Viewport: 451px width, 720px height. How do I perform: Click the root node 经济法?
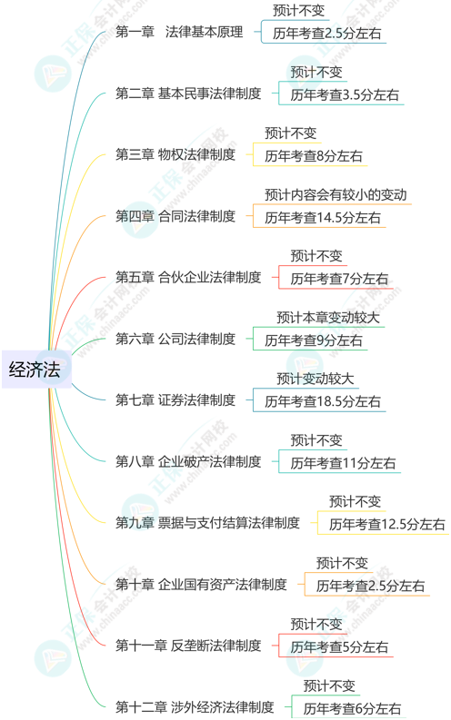35,370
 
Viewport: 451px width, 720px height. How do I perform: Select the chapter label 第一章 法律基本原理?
179,32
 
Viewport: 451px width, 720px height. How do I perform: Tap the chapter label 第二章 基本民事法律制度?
188,94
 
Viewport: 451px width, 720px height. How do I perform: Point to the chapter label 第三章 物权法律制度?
175,154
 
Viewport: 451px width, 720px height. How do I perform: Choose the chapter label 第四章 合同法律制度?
175,216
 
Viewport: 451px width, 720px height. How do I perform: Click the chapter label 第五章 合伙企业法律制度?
188,277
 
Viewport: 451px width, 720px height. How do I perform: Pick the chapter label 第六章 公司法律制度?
175,339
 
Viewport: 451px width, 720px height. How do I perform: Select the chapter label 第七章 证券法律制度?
175,399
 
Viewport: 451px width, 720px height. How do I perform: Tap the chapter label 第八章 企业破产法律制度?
188,461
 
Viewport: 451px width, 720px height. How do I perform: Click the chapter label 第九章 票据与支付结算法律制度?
207,523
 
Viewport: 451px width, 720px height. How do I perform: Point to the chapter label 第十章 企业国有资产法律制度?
201,584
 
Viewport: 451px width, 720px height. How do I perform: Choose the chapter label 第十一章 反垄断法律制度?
188,646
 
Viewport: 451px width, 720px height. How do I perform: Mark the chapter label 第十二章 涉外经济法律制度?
195,706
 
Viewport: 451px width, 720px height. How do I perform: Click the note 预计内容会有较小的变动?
336,194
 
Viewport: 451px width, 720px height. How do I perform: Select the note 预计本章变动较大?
327,317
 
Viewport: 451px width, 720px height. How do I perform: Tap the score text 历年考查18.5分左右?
323,402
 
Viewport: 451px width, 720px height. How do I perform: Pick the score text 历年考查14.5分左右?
323,218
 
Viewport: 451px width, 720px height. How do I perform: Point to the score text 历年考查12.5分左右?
387,525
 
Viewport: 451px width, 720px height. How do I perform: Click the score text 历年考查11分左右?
343,463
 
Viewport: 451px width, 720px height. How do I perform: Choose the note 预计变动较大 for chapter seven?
315,379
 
